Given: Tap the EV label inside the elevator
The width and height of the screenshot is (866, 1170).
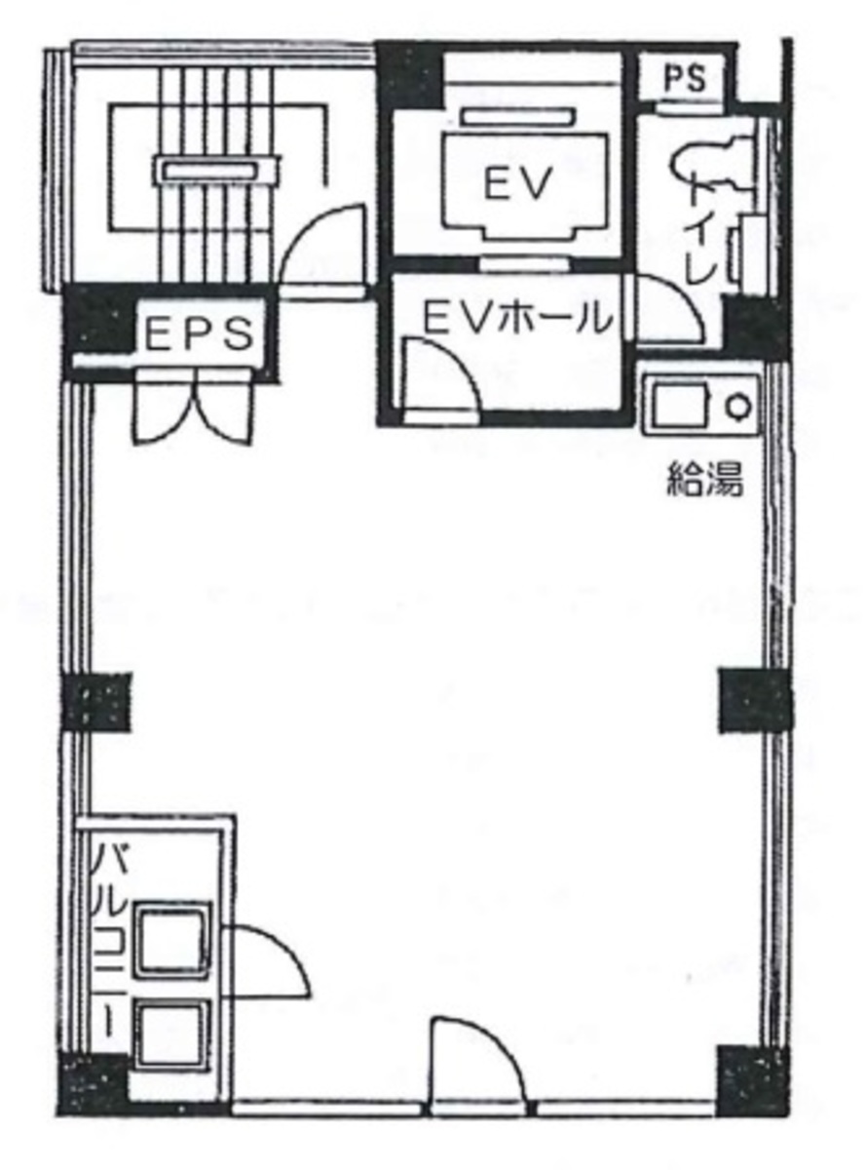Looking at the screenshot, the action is click(x=517, y=183).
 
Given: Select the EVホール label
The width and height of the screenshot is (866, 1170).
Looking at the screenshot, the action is click(x=518, y=318).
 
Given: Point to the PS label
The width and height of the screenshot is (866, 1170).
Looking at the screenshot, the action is click(x=684, y=78).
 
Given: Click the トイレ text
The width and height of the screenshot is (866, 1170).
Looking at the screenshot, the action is click(x=704, y=227).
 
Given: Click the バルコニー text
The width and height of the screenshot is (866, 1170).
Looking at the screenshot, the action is click(x=111, y=942).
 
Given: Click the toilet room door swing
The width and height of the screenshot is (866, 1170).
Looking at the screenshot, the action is click(x=669, y=309).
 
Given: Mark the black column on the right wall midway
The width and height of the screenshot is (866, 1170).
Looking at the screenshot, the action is click(x=755, y=700).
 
